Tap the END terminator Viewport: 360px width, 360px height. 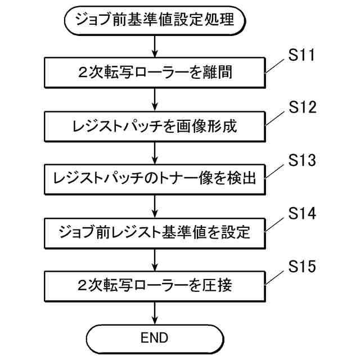point(154,338)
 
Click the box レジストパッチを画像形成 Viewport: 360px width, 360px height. point(154,125)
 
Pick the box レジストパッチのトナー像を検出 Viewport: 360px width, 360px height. point(154,179)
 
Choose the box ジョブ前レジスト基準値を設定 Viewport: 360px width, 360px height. point(154,232)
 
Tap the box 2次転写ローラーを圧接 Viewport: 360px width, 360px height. point(154,285)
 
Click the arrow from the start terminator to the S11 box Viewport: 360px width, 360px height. point(154,46)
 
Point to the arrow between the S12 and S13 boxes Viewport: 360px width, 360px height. point(154,152)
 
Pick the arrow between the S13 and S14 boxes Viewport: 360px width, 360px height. point(154,205)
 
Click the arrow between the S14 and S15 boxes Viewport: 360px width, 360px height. point(154,259)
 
